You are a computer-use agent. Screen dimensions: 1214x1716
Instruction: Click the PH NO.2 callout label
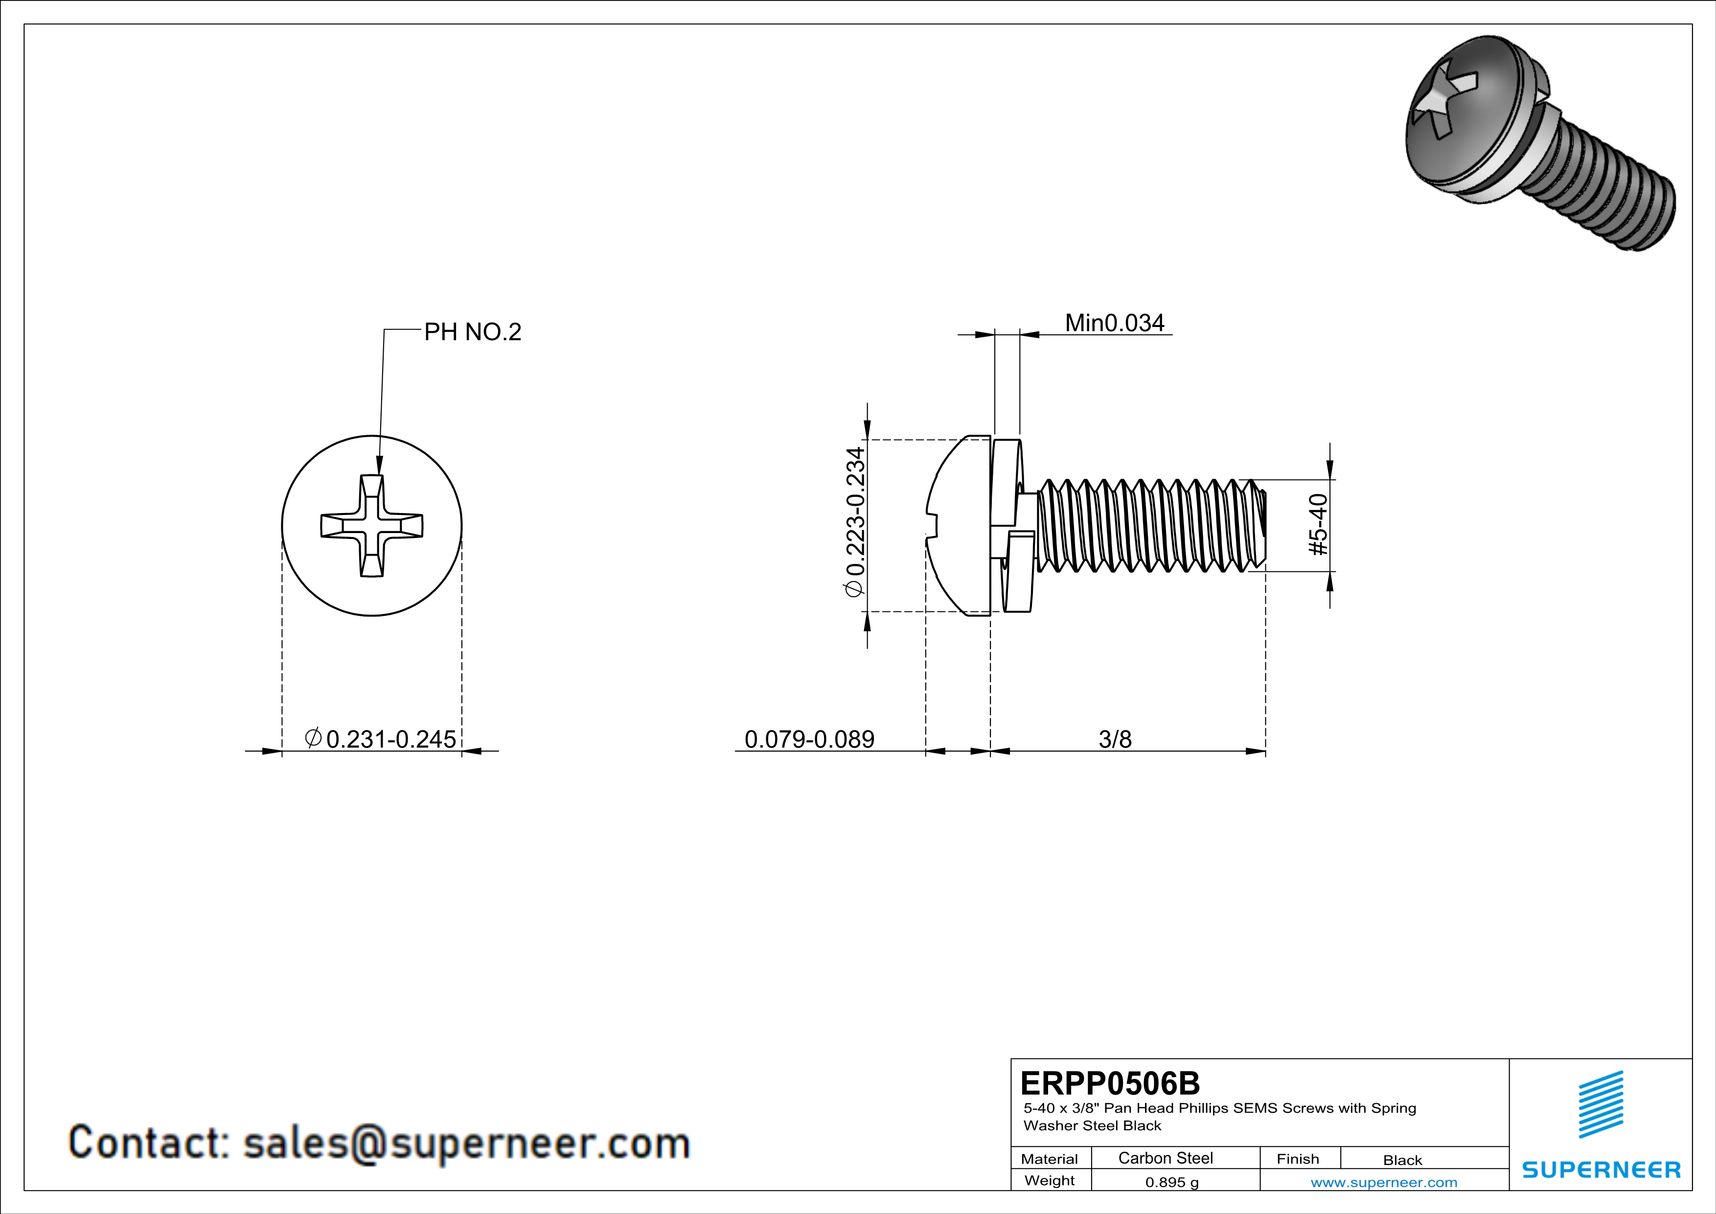point(472,331)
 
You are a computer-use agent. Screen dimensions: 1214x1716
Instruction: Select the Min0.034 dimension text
point(1114,323)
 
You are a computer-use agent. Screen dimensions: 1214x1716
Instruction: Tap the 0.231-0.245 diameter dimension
point(381,739)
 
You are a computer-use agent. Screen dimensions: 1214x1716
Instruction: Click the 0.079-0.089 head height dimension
point(809,739)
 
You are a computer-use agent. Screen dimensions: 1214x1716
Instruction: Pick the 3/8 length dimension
point(1115,739)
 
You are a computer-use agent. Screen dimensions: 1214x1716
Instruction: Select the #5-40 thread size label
point(1319,525)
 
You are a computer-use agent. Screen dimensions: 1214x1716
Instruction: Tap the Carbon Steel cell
point(1165,1158)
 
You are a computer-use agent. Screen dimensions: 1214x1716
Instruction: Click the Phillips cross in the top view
point(371,526)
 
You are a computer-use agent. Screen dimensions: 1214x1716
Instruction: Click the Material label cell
point(1050,1159)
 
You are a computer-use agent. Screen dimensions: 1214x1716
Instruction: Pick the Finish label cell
point(1298,1159)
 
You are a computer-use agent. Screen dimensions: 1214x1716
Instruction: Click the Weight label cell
point(1050,1180)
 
